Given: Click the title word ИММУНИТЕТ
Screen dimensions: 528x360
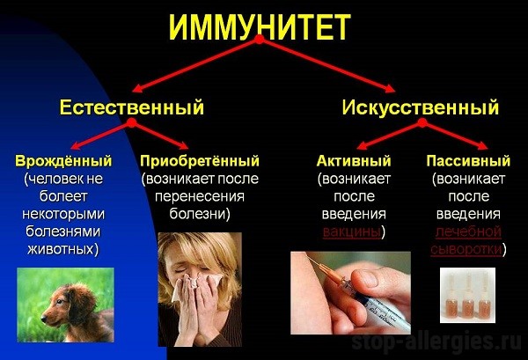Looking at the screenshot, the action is [x=260, y=27].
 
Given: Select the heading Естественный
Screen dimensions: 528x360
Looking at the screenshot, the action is [x=132, y=107].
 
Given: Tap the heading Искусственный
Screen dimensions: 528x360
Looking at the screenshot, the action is [x=421, y=107].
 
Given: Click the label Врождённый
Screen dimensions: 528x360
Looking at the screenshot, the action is [x=63, y=161].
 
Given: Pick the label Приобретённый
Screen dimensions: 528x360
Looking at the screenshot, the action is [x=200, y=161].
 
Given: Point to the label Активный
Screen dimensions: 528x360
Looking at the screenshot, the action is [x=354, y=161].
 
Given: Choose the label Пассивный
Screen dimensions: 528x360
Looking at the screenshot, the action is [x=468, y=161].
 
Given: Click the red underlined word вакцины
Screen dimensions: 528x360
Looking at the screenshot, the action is [x=351, y=232].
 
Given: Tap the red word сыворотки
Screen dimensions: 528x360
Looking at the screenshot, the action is [x=466, y=250].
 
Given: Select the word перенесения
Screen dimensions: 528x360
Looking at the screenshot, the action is [x=200, y=196].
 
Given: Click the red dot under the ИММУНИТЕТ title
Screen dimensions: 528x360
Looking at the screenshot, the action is [x=259, y=40].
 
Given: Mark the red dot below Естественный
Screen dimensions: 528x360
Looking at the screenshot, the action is [x=132, y=122].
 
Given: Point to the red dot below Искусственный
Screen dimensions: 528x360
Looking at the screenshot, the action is [x=422, y=123].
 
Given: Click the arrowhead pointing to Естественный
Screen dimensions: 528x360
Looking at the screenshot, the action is [x=137, y=89].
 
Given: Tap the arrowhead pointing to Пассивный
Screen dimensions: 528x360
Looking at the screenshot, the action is [x=483, y=146].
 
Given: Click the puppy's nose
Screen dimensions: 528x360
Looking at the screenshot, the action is [x=43, y=319].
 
